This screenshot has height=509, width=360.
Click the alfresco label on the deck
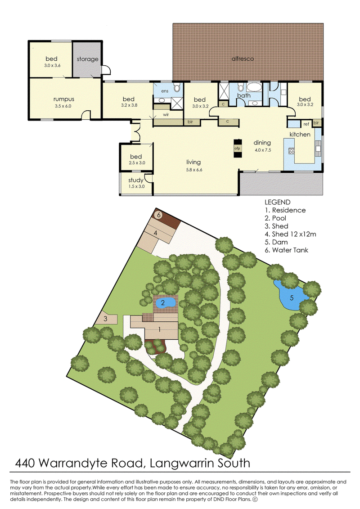243,59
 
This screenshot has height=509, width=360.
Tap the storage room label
87,59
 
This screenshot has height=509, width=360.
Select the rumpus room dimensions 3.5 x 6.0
63,106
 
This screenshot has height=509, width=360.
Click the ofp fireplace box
238,149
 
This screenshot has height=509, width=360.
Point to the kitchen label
300,135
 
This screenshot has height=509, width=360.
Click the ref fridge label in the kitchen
306,124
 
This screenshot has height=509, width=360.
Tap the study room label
136,180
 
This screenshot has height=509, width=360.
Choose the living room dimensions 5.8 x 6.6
193,170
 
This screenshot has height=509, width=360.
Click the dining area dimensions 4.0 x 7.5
263,150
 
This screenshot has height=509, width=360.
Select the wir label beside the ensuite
166,115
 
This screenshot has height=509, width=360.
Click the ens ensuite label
165,91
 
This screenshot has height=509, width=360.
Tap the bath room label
244,95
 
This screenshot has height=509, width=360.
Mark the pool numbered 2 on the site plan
166,303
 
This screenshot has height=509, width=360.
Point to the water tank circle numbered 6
159,215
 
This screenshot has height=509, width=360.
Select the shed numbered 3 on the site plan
106,318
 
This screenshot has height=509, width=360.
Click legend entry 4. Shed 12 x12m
290,234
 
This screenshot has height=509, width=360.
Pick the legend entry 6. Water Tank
286,250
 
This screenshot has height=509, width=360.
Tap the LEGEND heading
278,202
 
